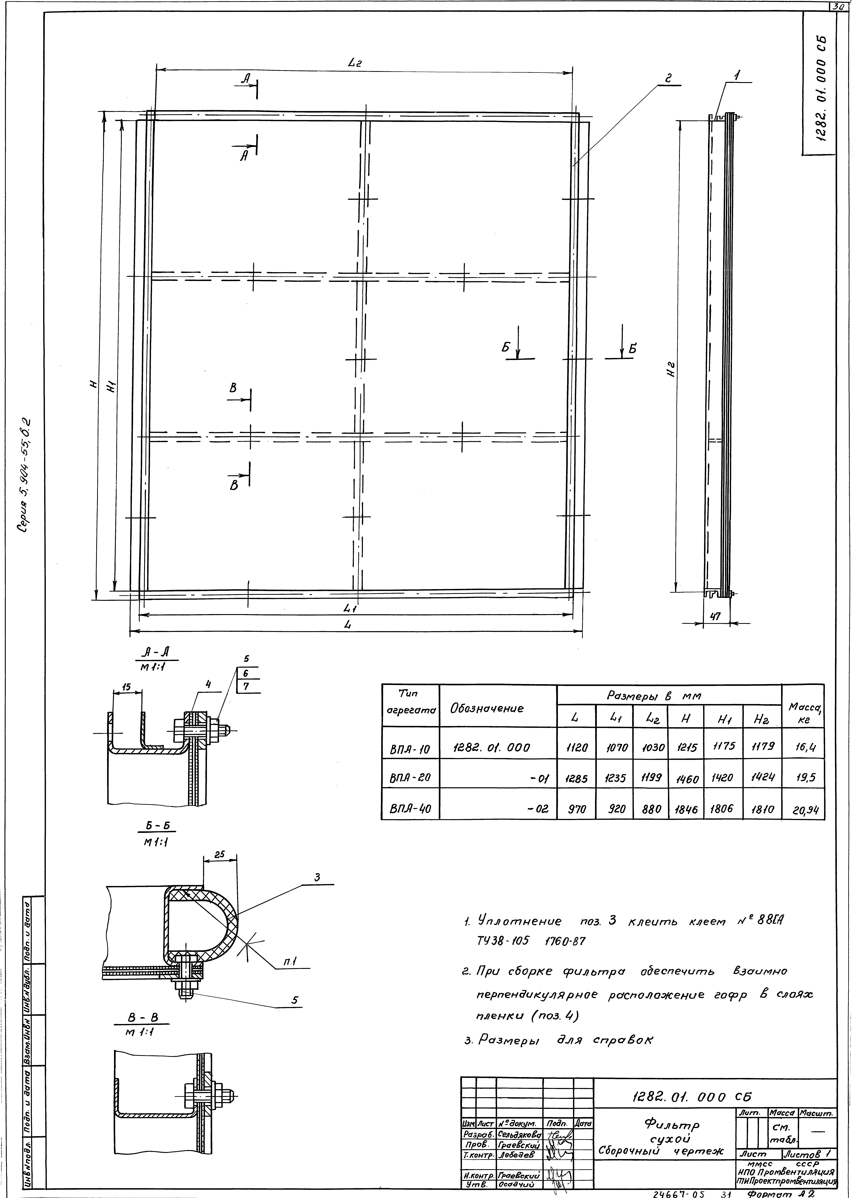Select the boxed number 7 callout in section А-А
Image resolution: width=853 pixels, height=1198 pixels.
pos(246,686)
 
